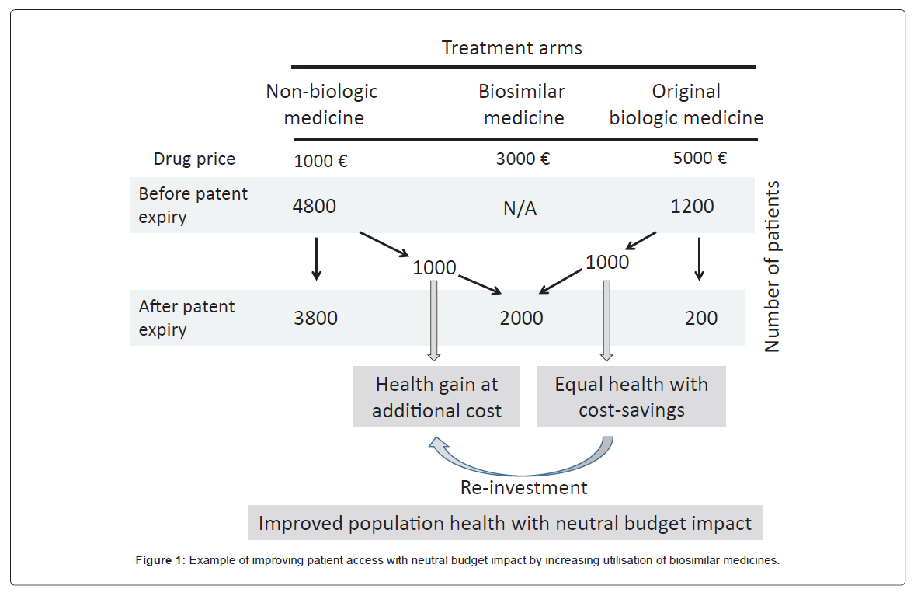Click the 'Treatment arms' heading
tap(512, 48)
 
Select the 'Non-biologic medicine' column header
tap(322, 104)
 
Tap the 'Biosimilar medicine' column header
tap(521, 104)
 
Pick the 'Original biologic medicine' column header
tap(686, 104)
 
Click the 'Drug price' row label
tap(194, 159)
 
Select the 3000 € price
tap(523, 159)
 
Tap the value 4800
tap(315, 207)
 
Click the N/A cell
tap(520, 209)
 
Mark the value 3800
tap(315, 318)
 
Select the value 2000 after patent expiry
tap(521, 318)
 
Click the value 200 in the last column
tap(701, 318)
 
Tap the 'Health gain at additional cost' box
tap(436, 397)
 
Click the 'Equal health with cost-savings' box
tap(631, 397)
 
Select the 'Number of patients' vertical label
tap(772, 267)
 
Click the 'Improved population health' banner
tap(505, 523)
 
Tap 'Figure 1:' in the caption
tap(161, 560)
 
